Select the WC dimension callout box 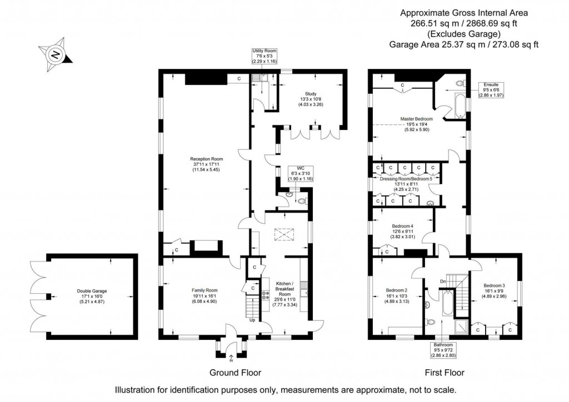tap(301, 174)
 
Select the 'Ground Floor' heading tap(235, 373)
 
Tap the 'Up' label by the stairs tap(253, 320)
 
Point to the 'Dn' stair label tap(442, 282)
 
